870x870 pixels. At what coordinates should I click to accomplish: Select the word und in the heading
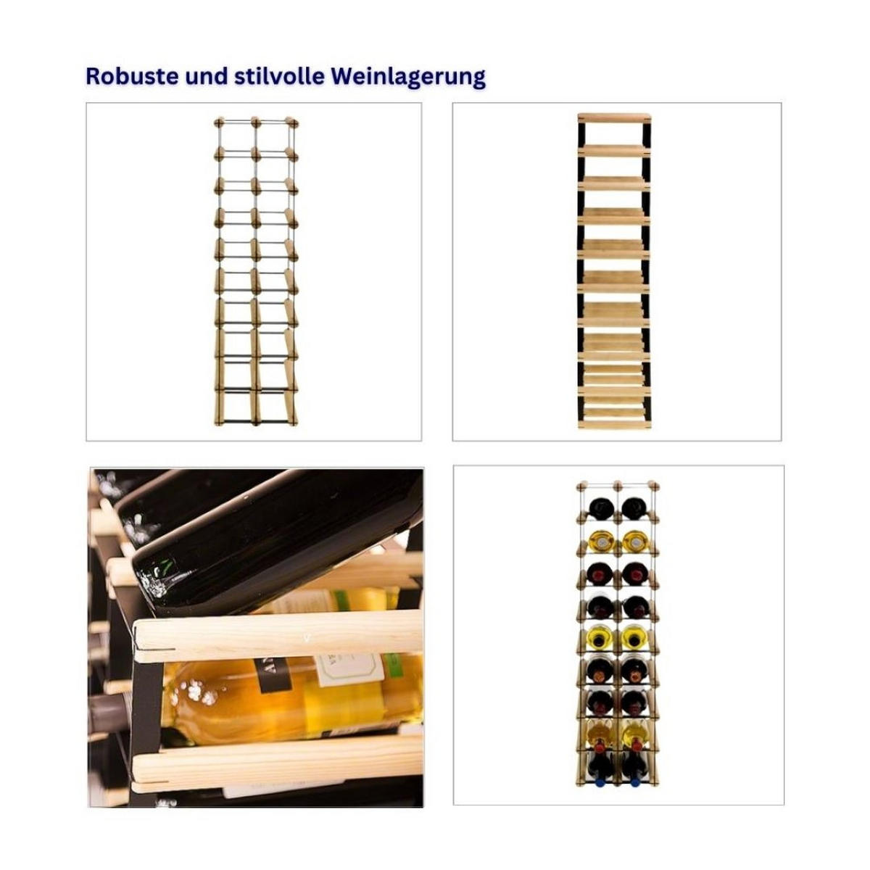click(x=207, y=76)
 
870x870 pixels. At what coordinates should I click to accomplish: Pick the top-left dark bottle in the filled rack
click(x=600, y=508)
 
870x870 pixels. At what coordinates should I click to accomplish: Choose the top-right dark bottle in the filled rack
click(x=634, y=508)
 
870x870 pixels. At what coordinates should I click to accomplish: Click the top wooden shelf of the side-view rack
click(x=614, y=117)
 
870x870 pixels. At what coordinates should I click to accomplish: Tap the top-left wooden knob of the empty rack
click(x=220, y=122)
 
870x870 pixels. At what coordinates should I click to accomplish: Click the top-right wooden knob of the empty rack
click(x=291, y=123)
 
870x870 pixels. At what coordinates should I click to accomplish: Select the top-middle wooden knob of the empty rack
click(x=255, y=122)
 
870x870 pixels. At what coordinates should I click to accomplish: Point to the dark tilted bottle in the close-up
click(x=271, y=542)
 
